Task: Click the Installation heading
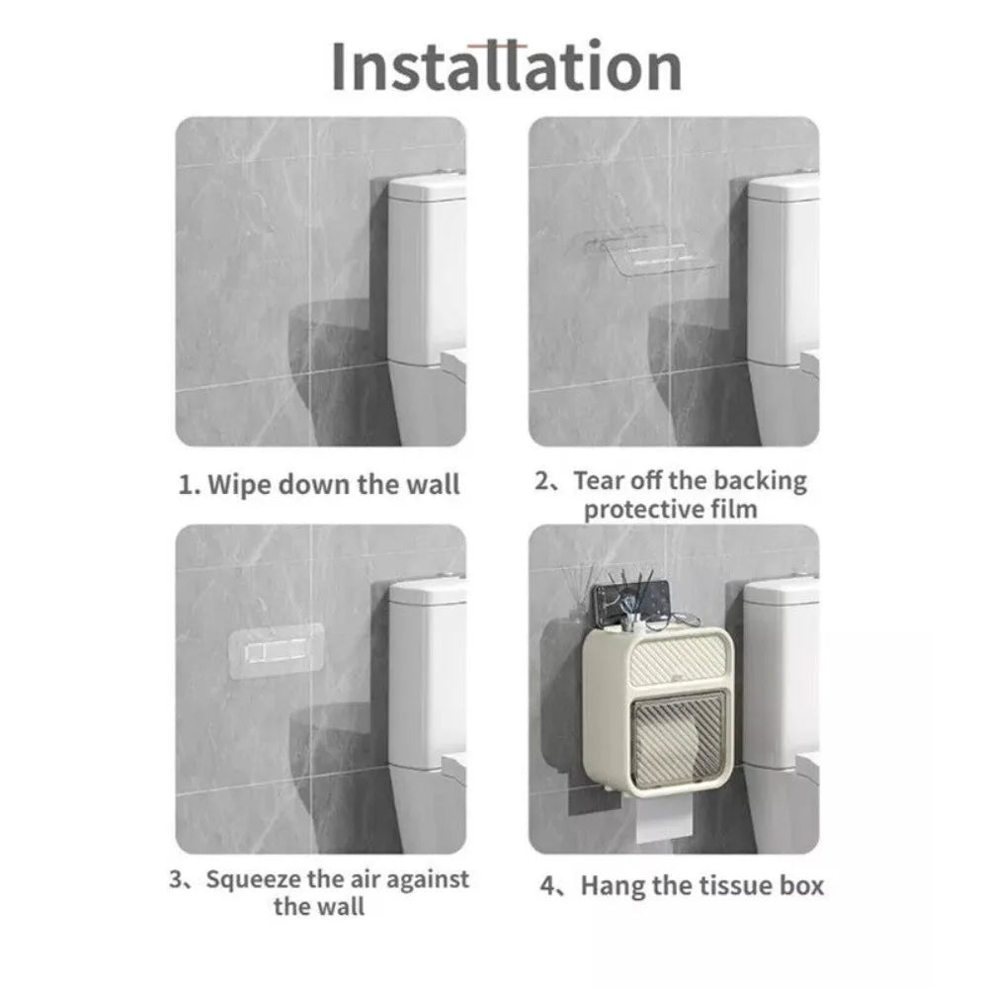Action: pos(507,66)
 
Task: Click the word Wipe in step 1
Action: pos(239,485)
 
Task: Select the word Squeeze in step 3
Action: pos(253,879)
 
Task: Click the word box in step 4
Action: pos(801,885)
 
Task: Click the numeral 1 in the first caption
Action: pos(186,485)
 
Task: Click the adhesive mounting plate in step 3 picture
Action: pos(276,651)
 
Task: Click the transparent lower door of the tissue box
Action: pos(678,740)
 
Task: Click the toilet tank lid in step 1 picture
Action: pos(427,188)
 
